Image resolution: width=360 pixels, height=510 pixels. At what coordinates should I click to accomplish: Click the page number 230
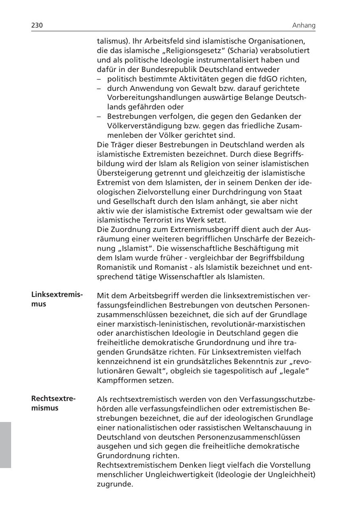(x=37, y=25)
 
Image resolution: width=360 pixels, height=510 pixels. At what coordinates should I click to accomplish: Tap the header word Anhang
(x=304, y=25)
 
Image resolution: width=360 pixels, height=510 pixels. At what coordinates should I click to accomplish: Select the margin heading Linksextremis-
(x=57, y=295)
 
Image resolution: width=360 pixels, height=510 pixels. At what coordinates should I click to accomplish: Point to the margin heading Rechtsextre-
(x=53, y=399)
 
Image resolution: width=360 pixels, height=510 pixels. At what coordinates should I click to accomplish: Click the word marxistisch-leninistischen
(x=150, y=324)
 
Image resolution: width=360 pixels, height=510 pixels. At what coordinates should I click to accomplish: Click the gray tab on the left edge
(x=5, y=444)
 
